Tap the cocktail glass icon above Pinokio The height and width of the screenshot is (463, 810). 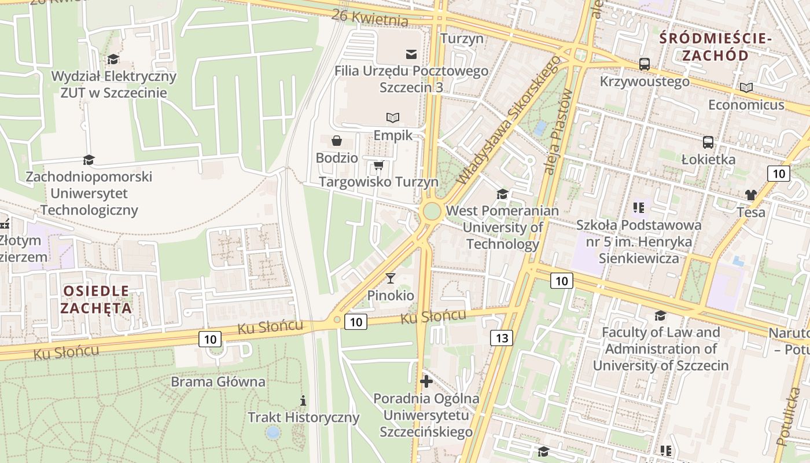pos(391,278)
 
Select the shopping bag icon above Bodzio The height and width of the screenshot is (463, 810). pos(336,141)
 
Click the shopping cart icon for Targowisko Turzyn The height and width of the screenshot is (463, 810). pos(379,166)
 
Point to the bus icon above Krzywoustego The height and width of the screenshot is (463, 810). pos(645,64)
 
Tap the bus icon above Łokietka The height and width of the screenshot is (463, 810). pos(708,142)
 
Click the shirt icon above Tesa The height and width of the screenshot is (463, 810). pos(750,195)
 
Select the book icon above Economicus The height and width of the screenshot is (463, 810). pos(746,87)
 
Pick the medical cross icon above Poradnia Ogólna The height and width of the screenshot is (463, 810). pos(426,381)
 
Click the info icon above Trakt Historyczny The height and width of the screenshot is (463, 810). pos(303,400)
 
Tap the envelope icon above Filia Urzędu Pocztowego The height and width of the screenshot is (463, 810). pos(411,54)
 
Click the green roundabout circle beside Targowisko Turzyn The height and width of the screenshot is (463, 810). pos(432,211)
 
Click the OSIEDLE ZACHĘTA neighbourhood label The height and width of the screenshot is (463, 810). pos(97,299)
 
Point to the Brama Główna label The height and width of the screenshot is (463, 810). pos(218,382)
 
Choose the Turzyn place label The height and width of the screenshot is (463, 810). pos(462,39)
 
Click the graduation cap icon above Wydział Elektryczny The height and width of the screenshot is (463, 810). pos(113,59)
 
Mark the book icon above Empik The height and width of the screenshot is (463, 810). pos(393,117)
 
